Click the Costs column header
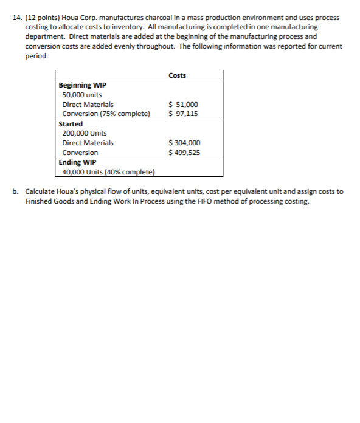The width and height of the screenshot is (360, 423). [177, 75]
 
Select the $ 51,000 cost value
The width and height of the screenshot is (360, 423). [183, 105]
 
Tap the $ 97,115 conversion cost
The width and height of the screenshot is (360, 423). [183, 114]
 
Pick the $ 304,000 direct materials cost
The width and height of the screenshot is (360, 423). [184, 143]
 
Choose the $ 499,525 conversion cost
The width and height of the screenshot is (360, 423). [184, 153]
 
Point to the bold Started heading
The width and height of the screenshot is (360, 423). [71, 124]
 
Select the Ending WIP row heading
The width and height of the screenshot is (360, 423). [77, 162]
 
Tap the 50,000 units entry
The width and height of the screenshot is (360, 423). [82, 95]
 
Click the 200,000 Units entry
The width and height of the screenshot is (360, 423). [85, 133]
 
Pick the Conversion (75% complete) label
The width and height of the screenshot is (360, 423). [106, 114]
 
